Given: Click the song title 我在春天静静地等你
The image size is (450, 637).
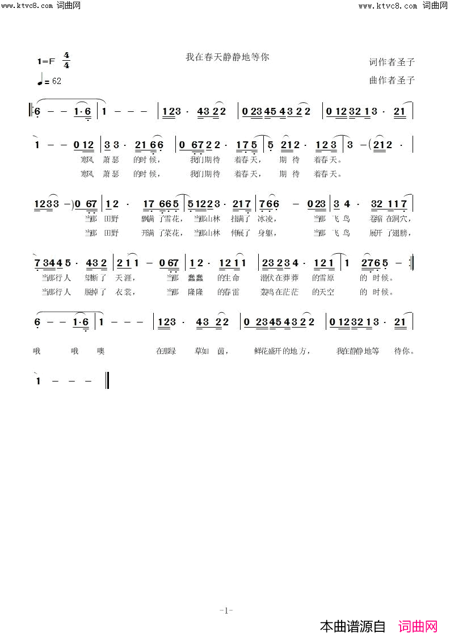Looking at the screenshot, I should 227,57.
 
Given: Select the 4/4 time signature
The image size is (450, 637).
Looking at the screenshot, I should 66,60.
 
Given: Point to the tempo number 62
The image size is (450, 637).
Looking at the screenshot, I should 56,81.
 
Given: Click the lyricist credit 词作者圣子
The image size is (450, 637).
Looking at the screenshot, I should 392,62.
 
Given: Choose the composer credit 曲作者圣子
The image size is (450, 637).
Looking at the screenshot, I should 392,81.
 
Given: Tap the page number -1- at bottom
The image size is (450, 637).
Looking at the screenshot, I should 226,611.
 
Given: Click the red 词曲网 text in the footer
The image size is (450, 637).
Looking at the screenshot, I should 418,626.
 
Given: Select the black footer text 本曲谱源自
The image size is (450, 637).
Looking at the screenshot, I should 352,626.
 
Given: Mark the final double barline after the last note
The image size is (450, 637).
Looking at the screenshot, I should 107,380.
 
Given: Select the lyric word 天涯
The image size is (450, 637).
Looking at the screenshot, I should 124,278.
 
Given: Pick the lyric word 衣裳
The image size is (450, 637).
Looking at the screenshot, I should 124,292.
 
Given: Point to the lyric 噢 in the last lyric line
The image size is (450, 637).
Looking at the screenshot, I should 101,351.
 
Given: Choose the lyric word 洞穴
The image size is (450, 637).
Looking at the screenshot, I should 399,219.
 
